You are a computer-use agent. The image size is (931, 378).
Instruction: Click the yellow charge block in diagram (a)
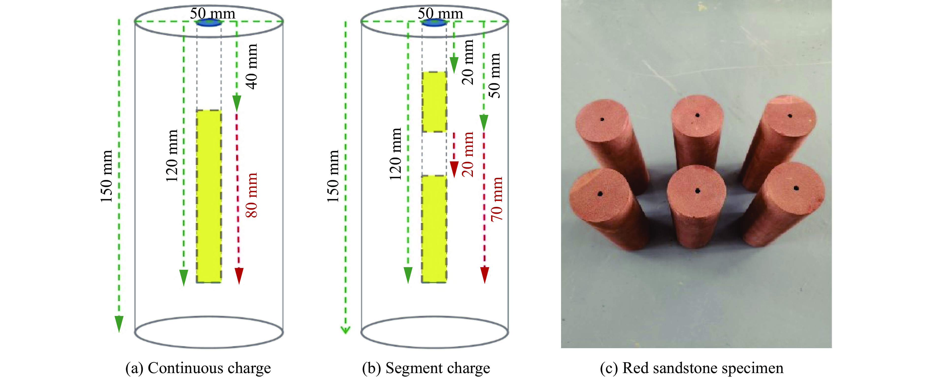pyautogui.click(x=209, y=196)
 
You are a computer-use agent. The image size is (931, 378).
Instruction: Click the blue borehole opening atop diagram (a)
pyautogui.click(x=209, y=23)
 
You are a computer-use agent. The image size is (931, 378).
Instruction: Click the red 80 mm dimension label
pyautogui.click(x=251, y=195)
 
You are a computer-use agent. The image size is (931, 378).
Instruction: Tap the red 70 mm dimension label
pyautogui.click(x=497, y=199)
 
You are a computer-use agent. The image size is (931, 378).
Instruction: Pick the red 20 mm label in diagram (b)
pyautogui.click(x=468, y=154)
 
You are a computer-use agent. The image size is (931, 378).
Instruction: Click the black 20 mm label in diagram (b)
pyautogui.click(x=468, y=62)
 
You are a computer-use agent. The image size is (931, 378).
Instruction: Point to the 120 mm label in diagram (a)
pyautogui.click(x=172, y=156)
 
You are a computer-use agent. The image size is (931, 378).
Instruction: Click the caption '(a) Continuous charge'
pyautogui.click(x=198, y=368)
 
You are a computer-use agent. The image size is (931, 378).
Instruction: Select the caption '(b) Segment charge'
pyautogui.click(x=426, y=368)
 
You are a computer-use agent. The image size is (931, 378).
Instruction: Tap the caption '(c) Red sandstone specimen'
pyautogui.click(x=691, y=368)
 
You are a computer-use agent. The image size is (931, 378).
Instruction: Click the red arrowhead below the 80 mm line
pyautogui.click(x=239, y=275)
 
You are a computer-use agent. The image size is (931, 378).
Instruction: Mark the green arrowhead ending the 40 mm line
pyautogui.click(x=237, y=103)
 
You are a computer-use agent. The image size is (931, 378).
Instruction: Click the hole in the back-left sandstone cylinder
pyautogui.click(x=602, y=119)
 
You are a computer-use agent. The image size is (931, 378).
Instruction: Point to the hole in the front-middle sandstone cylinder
pyautogui.click(x=698, y=191)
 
